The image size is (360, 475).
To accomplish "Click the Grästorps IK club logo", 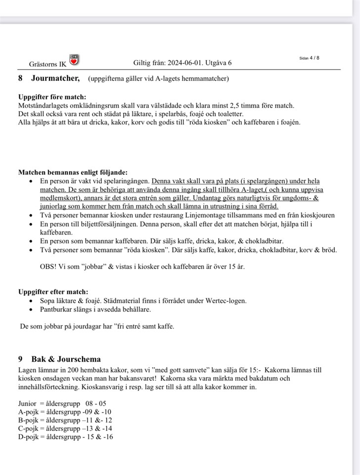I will click(x=75, y=60).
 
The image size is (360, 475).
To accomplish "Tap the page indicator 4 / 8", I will click(x=314, y=58).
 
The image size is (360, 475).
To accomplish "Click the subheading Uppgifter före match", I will click(x=52, y=97).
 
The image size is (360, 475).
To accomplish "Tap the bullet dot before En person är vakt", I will click(x=31, y=181).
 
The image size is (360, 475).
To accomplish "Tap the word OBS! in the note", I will click(x=48, y=266).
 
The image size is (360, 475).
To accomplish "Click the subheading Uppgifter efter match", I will click(x=53, y=291).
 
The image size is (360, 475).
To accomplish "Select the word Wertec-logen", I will click(x=225, y=300).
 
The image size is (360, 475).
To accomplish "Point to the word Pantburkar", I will click(x=57, y=309).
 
